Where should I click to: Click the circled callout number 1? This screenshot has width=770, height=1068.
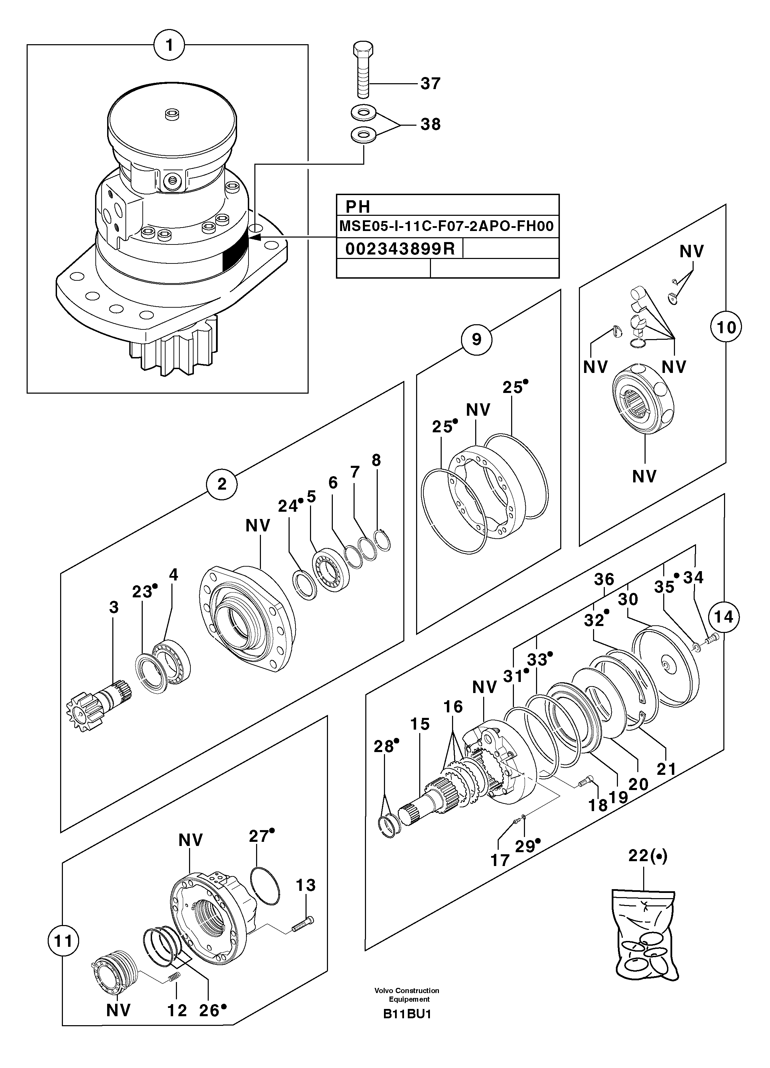(169, 46)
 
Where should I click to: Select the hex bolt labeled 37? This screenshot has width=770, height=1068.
(363, 71)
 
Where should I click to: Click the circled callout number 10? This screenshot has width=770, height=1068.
(726, 327)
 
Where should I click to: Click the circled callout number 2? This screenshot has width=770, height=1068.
(222, 484)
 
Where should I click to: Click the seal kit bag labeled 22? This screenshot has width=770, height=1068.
(647, 942)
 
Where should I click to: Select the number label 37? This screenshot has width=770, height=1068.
(430, 84)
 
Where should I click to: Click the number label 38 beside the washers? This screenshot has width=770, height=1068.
(430, 124)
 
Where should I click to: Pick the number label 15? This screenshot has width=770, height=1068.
(420, 724)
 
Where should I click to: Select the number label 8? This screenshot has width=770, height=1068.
(376, 460)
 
